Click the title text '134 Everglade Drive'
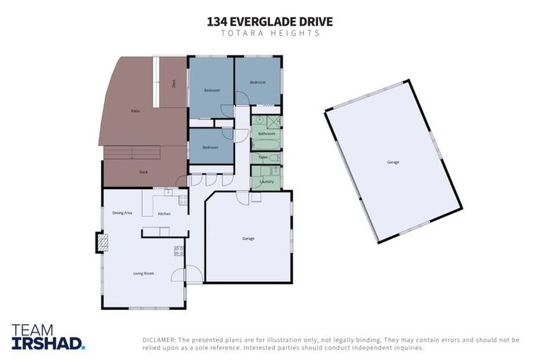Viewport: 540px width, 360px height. pyautogui.click(x=270, y=22)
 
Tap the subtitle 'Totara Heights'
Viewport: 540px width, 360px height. pyautogui.click(x=270, y=33)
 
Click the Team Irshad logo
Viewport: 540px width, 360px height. pyautogui.click(x=48, y=337)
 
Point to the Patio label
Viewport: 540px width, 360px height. pyautogui.click(x=135, y=111)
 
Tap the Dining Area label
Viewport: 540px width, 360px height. pyautogui.click(x=122, y=212)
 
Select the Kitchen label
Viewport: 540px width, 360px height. pyautogui.click(x=164, y=213)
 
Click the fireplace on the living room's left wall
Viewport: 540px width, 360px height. pyautogui.click(x=102, y=243)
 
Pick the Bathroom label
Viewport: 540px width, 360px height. pyautogui.click(x=266, y=133)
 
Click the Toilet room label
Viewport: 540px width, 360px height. pyautogui.click(x=263, y=157)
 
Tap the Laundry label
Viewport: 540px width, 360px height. pyautogui.click(x=266, y=181)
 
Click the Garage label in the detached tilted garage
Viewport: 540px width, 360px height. pyautogui.click(x=392, y=162)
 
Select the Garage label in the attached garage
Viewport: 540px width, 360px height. pyautogui.click(x=248, y=238)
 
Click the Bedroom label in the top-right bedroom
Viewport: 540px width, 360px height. pyautogui.click(x=258, y=82)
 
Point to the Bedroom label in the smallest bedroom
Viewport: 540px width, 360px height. pyautogui.click(x=210, y=147)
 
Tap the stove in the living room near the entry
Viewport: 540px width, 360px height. pyautogui.click(x=179, y=250)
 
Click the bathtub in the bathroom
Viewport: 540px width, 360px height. pyautogui.click(x=266, y=144)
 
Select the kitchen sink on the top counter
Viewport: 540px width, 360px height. pyautogui.click(x=168, y=191)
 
